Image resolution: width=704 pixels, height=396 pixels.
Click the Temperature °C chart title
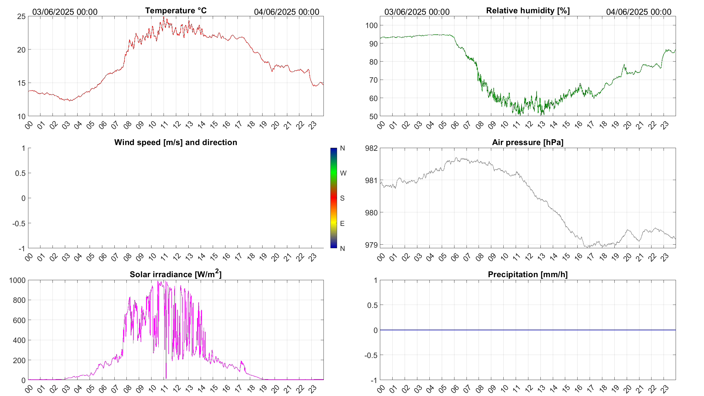point(176,11)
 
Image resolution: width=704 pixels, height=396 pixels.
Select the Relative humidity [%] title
point(528,11)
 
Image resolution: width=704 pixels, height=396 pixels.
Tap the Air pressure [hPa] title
point(527,142)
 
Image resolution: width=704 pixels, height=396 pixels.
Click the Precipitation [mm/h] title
point(527,274)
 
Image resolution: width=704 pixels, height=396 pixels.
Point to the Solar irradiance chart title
point(176,274)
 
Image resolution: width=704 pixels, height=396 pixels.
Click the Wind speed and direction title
point(176,142)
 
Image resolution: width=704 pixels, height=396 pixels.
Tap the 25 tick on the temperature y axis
point(21,17)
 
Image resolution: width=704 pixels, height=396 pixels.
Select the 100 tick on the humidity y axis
point(371,25)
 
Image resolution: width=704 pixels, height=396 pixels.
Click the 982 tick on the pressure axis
point(371,148)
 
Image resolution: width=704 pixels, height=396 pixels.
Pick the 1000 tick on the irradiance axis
point(18,280)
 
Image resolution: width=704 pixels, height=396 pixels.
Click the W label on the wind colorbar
point(343,173)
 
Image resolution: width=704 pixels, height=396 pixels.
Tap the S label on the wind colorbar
point(342,198)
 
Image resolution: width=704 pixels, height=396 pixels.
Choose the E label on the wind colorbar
point(342,223)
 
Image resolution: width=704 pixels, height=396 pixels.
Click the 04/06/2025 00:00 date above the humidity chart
point(639,12)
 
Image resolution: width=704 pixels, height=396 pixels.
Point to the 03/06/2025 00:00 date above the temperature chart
point(65,12)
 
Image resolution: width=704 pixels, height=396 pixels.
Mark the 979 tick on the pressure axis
point(371,245)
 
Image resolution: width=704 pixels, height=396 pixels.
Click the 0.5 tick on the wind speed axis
point(20,173)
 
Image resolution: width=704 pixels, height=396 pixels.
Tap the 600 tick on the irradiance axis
point(19,320)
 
